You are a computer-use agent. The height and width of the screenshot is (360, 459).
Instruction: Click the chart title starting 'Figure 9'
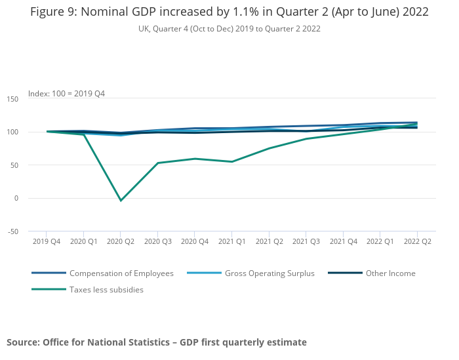pos(229,12)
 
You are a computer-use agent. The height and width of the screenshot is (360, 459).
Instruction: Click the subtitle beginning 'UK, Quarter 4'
pos(229,29)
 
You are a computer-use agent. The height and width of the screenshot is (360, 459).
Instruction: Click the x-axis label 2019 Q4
pos(47,241)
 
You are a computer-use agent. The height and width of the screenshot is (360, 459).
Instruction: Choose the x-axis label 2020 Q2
pos(121,241)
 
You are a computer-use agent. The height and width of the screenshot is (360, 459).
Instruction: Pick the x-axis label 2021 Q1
pos(231,241)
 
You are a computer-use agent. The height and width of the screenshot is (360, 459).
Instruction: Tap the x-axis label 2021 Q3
pos(306,241)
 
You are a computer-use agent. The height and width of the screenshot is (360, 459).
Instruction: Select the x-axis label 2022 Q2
pos(417,241)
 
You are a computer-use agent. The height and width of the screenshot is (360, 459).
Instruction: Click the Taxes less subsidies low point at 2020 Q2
pos(121,200)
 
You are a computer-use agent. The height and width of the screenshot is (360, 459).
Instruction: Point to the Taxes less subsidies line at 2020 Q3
pos(157,163)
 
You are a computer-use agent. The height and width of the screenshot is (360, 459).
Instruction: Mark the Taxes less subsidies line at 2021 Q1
pos(231,162)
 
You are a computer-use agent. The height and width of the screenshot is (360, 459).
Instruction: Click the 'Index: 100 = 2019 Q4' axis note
pos(66,94)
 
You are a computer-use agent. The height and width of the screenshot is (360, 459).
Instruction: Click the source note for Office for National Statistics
pos(157,342)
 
